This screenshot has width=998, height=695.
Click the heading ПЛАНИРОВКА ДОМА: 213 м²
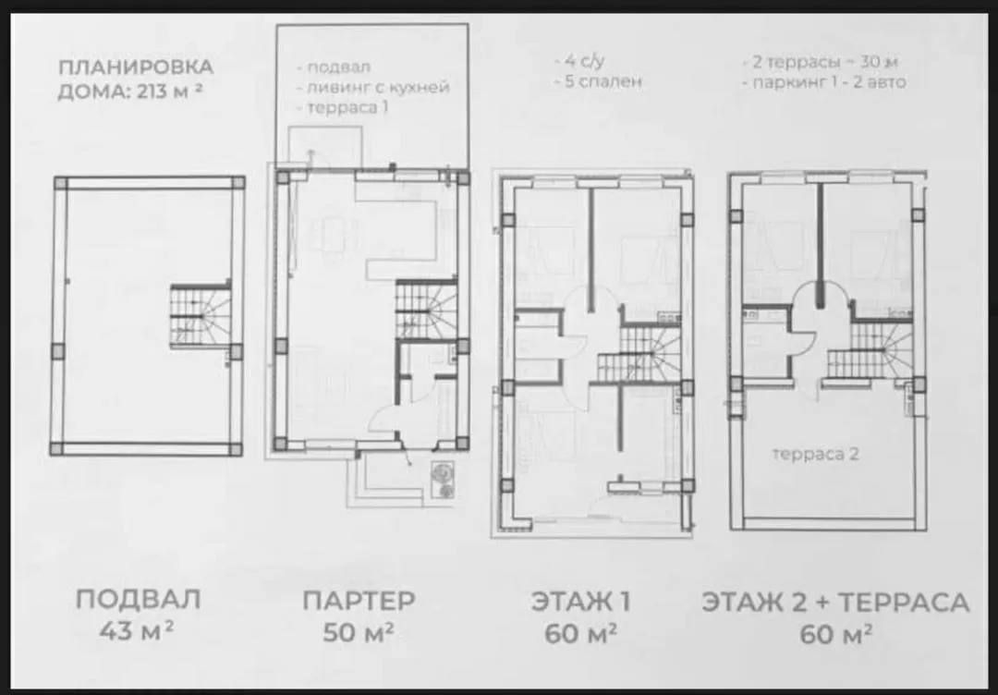(136, 79)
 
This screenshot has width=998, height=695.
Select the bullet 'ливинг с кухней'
(373, 87)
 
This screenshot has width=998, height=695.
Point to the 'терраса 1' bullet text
(343, 107)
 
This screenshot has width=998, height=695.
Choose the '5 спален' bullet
(598, 82)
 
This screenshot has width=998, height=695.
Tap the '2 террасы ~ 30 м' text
(821, 62)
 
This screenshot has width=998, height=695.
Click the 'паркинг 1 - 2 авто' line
(824, 82)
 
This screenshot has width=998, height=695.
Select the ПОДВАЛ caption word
(138, 600)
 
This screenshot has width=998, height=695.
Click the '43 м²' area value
(137, 631)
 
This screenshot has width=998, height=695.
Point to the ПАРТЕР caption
(359, 600)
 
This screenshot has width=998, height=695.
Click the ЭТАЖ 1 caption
(580, 602)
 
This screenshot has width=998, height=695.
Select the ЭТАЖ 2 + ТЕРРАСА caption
(835, 602)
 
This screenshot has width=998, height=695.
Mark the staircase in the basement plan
(200, 316)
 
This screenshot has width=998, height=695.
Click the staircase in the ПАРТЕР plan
(426, 310)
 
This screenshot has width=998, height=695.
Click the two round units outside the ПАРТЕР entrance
(443, 479)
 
